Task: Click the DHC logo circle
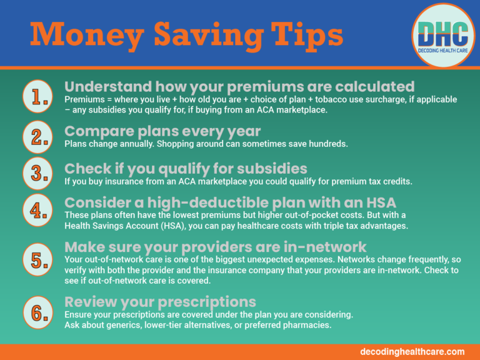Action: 443,34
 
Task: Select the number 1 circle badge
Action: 39,96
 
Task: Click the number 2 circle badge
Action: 39,137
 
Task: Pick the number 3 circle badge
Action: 39,173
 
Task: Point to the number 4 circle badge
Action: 39,211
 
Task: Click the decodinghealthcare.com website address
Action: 412,352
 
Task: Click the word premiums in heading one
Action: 272,86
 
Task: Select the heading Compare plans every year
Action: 162,131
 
